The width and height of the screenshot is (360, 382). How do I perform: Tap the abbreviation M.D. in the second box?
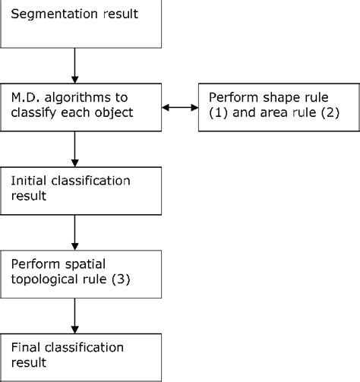click(x=26, y=99)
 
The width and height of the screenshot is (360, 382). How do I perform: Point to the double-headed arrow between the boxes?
click(x=181, y=107)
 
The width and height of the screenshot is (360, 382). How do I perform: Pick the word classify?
click(x=53, y=115)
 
